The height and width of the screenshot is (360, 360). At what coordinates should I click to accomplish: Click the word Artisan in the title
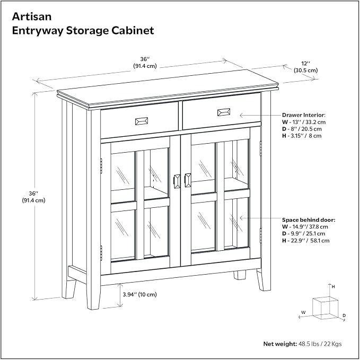pos(32,17)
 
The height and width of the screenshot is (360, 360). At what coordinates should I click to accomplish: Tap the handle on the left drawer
pos(142,121)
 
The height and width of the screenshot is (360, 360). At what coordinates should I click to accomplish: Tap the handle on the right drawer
pos(224,112)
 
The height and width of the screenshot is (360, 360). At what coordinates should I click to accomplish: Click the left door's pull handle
pos(177,181)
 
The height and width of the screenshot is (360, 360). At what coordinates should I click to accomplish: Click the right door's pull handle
pos(188,180)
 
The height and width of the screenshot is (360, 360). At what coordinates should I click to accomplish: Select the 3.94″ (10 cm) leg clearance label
pos(139,294)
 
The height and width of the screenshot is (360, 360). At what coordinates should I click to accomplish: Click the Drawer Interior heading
pos(303,115)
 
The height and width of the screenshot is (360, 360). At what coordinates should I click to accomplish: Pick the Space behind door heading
pos(309,220)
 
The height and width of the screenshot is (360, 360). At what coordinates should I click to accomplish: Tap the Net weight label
pos(280,344)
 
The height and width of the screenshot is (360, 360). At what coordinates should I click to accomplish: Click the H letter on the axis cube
pos(333,287)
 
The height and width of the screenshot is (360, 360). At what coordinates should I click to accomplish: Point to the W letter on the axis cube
pos(303,312)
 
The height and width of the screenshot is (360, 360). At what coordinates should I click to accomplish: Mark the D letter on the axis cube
pos(344,315)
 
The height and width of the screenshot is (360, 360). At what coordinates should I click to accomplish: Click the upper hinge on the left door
pos(101,166)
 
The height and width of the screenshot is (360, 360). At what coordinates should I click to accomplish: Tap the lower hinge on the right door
pos(260,236)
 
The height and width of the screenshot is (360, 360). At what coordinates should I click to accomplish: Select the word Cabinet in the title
pos(133,31)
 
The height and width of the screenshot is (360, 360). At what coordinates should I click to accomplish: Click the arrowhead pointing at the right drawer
pos(242,115)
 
